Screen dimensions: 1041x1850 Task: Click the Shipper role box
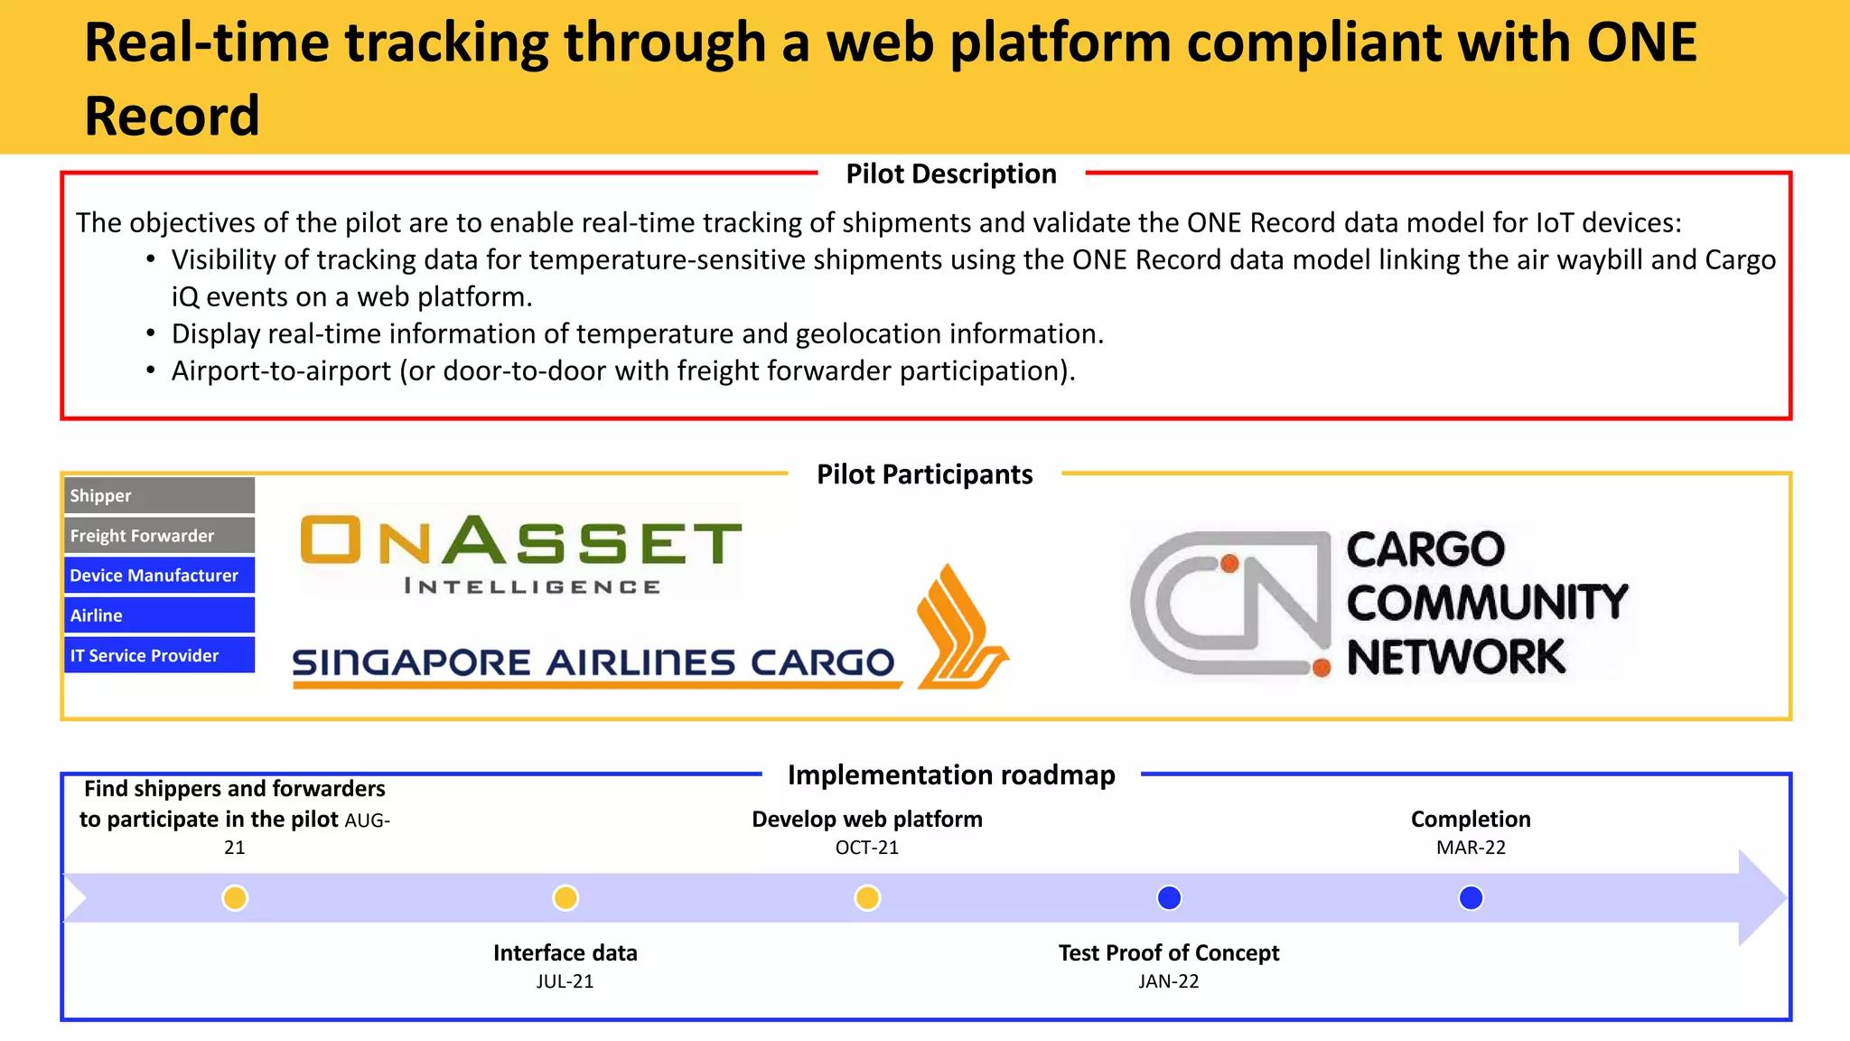point(159,495)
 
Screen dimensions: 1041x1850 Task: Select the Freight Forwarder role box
point(159,535)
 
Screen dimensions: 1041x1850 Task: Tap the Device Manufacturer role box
point(159,575)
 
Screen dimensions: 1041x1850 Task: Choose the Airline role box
point(159,614)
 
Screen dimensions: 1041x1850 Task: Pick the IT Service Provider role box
point(159,655)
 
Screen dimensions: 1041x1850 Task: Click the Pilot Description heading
point(950,173)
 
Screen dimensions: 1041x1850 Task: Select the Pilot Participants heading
point(924,474)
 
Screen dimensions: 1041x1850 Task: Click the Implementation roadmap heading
point(951,774)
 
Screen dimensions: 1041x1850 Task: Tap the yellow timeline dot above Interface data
point(565,898)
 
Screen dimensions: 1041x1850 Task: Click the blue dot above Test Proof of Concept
point(1169,898)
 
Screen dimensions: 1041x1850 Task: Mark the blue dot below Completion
point(1471,898)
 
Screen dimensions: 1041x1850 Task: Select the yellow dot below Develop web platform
point(867,898)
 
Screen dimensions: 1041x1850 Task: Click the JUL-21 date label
point(565,981)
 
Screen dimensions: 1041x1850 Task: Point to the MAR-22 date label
point(1471,848)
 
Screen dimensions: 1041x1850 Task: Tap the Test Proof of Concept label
point(1169,952)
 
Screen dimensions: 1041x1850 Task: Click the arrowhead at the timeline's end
point(1761,898)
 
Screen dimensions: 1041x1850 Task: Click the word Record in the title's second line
point(172,116)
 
